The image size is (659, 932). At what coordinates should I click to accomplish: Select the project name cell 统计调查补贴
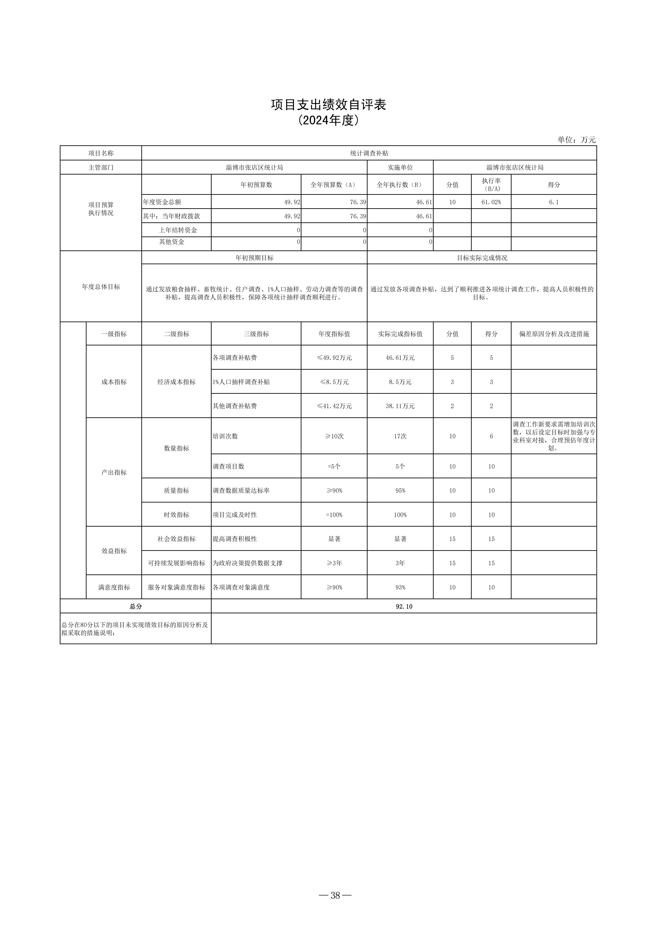(369, 153)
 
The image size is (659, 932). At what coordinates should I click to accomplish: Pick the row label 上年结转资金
(178, 230)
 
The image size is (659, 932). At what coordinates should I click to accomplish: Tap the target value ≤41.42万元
(334, 406)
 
